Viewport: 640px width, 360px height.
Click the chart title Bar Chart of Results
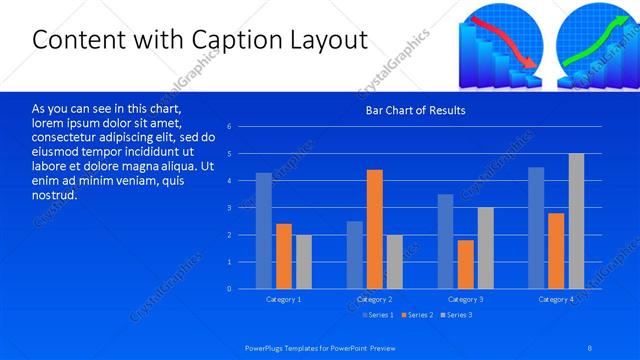414,110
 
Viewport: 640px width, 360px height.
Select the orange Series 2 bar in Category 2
375,230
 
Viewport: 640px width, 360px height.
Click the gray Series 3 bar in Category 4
576,222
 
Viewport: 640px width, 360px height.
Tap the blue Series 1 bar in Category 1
263,231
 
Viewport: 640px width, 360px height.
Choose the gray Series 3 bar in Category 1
303,262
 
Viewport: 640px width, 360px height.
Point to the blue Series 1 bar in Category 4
536,228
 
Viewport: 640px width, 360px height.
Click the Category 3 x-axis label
465,299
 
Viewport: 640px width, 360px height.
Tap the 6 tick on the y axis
230,127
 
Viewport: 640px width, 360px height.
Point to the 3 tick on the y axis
230,208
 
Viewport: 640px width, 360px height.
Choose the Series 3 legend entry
458,315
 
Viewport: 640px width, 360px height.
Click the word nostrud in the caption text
54,194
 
